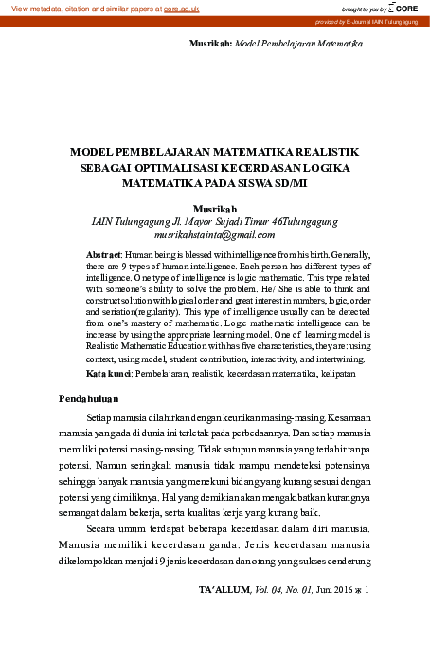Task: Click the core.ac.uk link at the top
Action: pyautogui.click(x=182, y=8)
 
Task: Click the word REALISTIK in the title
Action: pyautogui.click(x=324, y=151)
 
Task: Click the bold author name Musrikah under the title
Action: pyautogui.click(x=213, y=209)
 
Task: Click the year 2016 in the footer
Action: pyautogui.click(x=340, y=589)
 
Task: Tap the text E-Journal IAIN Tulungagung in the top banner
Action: pyautogui.click(x=387, y=20)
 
